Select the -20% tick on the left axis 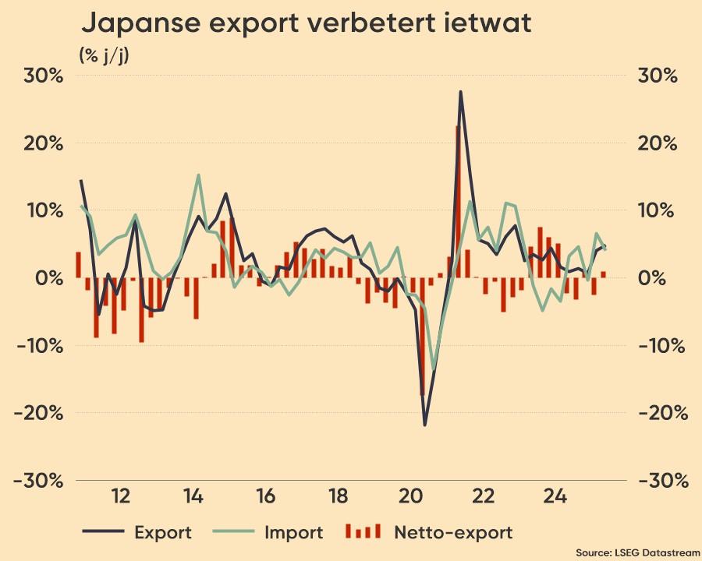coord(37,413)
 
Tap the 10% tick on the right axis coord(656,211)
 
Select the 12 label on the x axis coord(120,496)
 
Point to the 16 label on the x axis coord(265,496)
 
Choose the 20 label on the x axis coord(410,496)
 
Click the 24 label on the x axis coord(555,496)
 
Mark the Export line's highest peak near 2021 coord(460,92)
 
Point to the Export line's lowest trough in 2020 coord(425,425)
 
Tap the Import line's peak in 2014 coord(198,175)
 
